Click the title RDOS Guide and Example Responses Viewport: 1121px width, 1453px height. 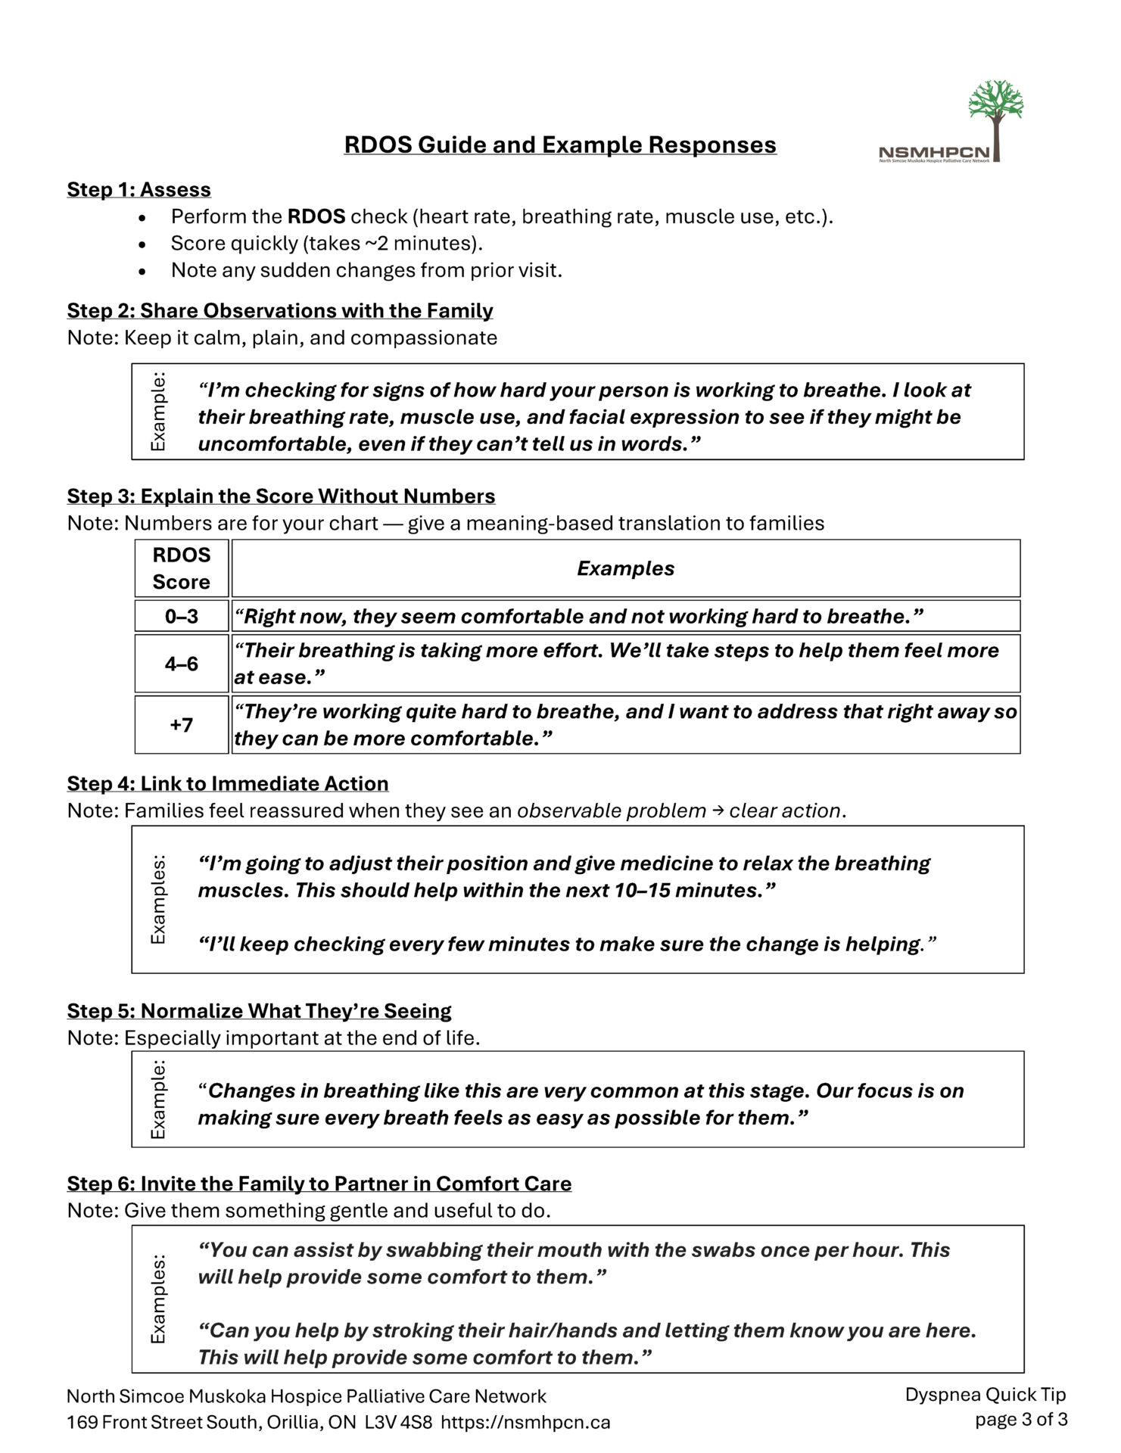click(560, 145)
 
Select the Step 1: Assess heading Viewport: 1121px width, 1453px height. click(139, 189)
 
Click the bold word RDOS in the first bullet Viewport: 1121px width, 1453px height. click(316, 216)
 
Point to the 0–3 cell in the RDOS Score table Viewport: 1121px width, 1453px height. click(182, 616)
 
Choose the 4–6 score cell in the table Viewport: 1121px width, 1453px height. click(182, 664)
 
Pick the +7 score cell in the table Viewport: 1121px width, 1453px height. click(182, 725)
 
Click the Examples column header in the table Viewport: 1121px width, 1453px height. click(625, 568)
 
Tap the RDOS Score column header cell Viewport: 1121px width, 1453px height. click(182, 568)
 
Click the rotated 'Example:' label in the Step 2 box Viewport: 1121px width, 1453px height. click(158, 412)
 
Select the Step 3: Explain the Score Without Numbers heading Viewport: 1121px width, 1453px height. click(281, 496)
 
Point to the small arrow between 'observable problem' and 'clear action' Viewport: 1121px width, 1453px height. click(717, 811)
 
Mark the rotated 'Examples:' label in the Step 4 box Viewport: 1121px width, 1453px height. click(158, 899)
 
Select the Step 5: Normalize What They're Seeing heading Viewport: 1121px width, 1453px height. click(259, 1011)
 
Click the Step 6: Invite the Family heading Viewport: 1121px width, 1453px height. click(319, 1184)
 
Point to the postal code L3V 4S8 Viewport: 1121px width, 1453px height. click(398, 1422)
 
